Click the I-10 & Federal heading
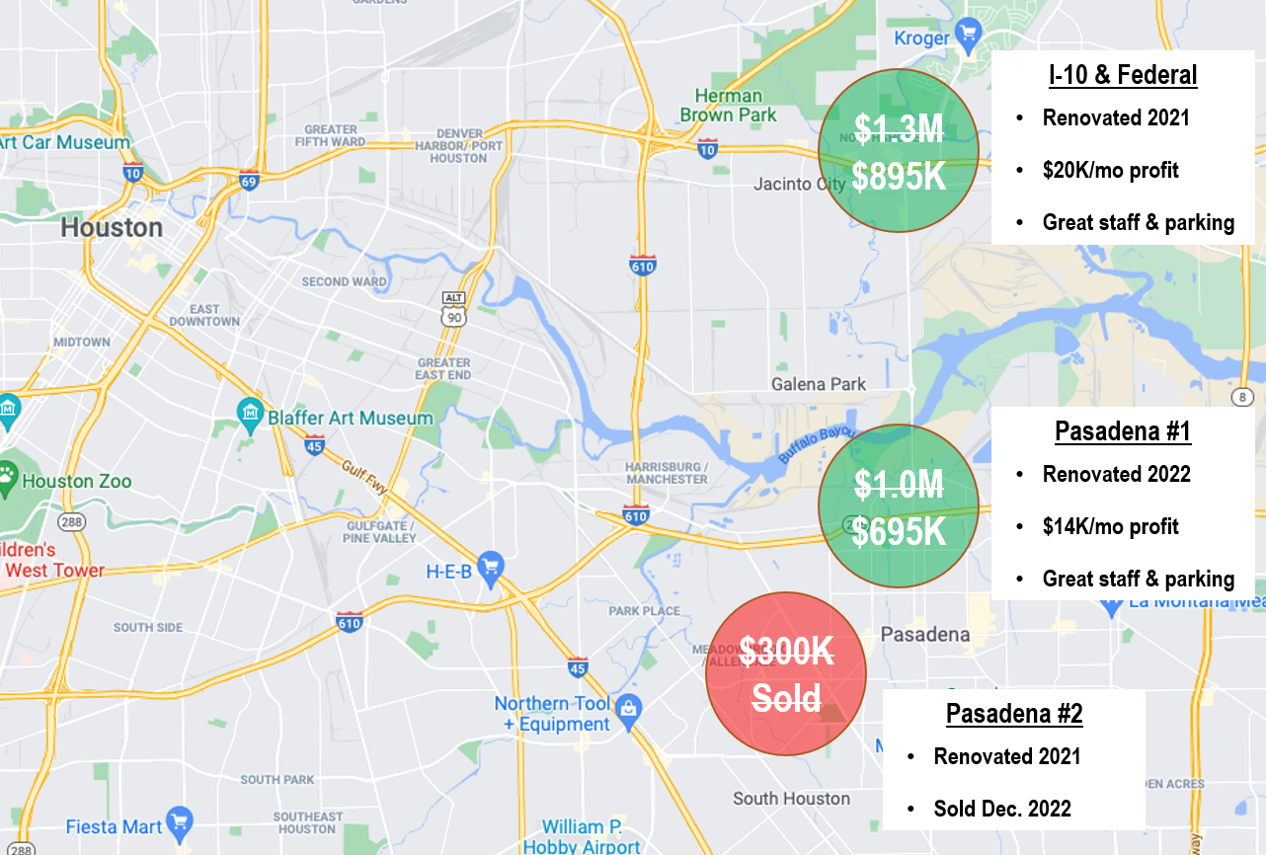[1122, 75]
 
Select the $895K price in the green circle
[899, 177]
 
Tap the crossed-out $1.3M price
[899, 128]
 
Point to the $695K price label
[899, 532]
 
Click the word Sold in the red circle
[786, 698]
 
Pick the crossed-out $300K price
[786, 651]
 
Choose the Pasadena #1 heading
[1123, 431]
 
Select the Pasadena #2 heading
[1014, 714]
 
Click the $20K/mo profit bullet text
[1110, 171]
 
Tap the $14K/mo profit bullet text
[1110, 526]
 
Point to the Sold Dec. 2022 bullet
[1002, 809]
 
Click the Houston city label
[112, 228]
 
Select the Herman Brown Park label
[728, 106]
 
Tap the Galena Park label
[819, 384]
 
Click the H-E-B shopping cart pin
[491, 568]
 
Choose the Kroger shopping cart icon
[969, 39]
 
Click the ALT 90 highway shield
[453, 308]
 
